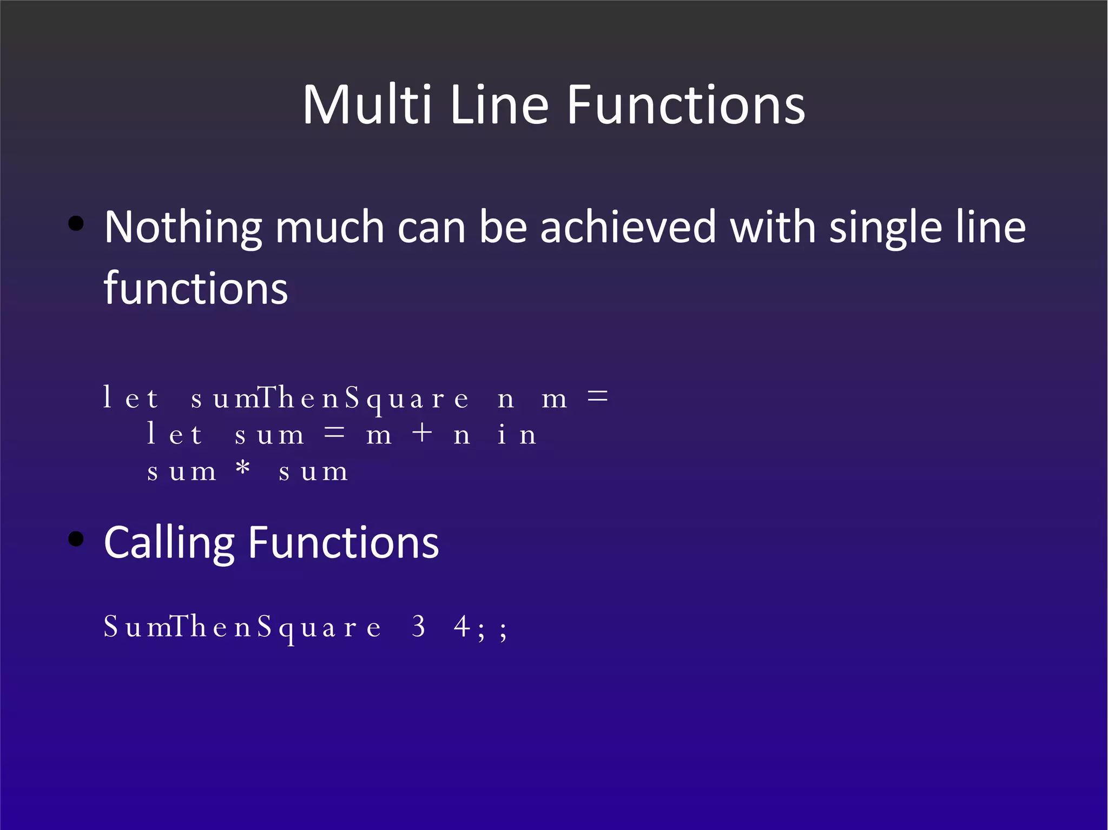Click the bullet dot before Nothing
[x=76, y=223]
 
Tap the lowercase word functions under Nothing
[x=196, y=288]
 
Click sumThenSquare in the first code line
[x=329, y=399]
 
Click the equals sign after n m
[x=597, y=397]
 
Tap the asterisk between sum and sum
[x=243, y=468]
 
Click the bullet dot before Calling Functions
[x=76, y=539]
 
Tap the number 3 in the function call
[x=418, y=627]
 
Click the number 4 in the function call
[x=461, y=627]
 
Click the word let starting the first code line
[x=130, y=399]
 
